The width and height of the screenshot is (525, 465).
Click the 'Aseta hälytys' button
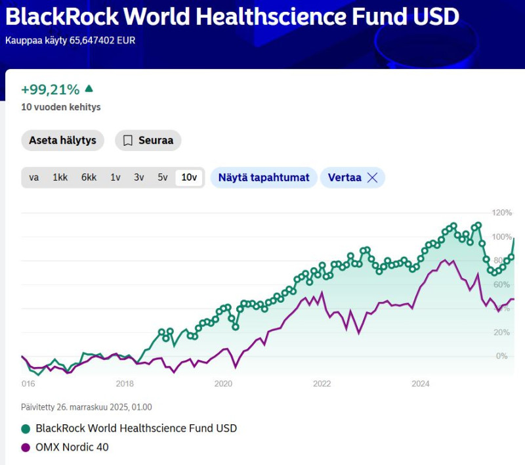(x=62, y=141)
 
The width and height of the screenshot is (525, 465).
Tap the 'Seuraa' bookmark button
(x=148, y=141)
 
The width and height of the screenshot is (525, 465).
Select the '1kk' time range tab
(x=60, y=177)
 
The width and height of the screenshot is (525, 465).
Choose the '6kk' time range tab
(x=89, y=177)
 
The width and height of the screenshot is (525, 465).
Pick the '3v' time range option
(x=139, y=177)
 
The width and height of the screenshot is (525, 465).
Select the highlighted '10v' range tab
(x=190, y=177)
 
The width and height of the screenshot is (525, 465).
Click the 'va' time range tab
(x=34, y=177)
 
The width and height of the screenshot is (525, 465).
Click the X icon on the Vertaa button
(x=372, y=177)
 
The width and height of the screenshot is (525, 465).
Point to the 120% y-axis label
(x=502, y=213)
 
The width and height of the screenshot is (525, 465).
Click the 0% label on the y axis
(x=502, y=356)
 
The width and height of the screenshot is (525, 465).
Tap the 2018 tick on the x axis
(x=125, y=384)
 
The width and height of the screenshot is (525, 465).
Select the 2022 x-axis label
(x=322, y=384)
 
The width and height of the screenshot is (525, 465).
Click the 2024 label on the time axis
(x=420, y=384)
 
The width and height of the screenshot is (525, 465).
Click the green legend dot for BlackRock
(x=26, y=428)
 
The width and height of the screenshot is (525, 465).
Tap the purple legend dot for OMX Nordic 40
(x=26, y=447)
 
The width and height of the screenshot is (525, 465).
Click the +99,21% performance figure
(x=50, y=89)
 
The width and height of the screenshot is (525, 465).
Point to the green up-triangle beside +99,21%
(x=89, y=89)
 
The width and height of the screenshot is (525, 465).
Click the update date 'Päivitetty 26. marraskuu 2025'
(x=86, y=407)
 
